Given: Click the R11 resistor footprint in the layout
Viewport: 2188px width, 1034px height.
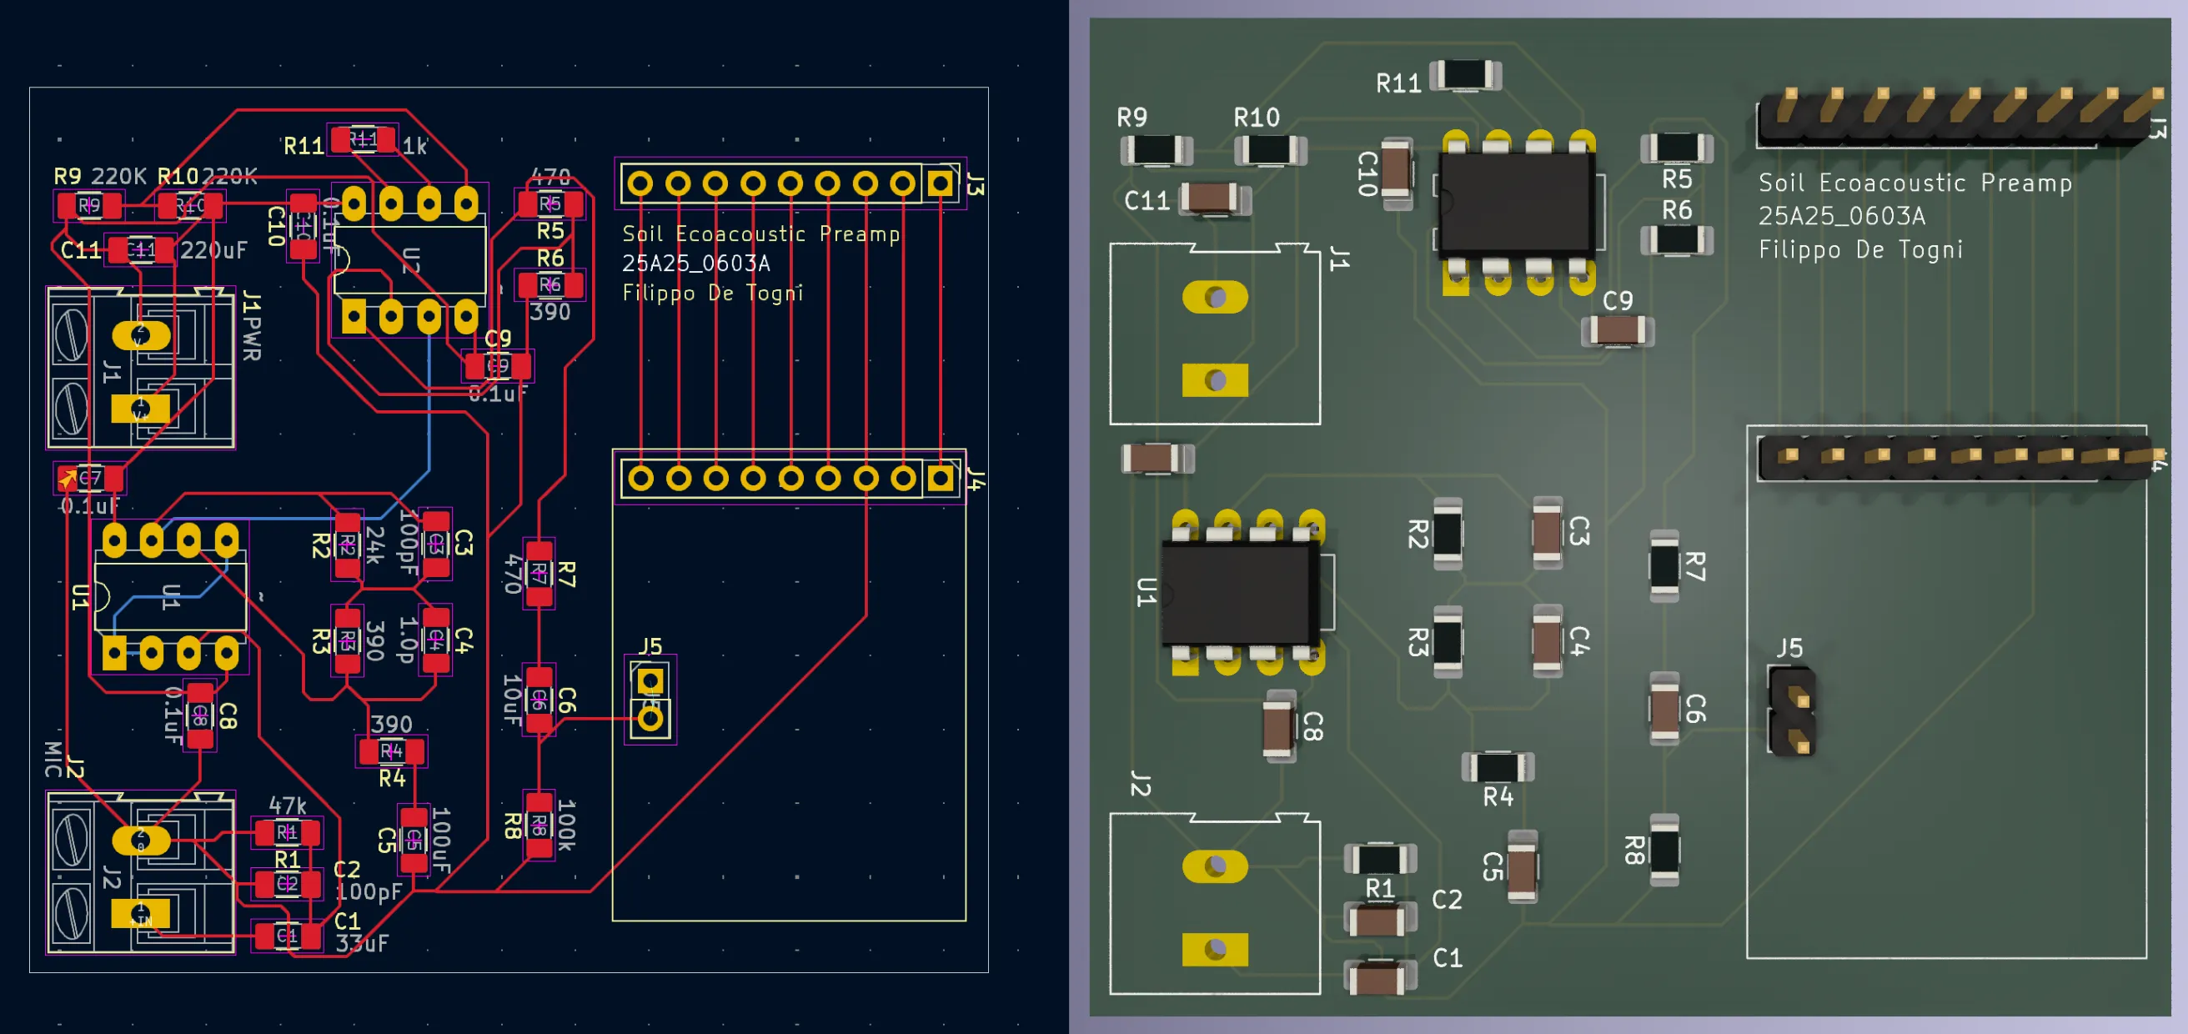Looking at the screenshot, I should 363,139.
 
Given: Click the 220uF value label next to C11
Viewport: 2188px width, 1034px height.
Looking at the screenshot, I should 213,250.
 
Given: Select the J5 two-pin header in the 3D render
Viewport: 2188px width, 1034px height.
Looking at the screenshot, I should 1791,710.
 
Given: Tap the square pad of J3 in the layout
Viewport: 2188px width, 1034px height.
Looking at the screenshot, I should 940,183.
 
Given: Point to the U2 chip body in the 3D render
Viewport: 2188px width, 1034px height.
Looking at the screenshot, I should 1516,204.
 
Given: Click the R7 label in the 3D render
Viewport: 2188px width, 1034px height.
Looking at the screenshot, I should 1694,566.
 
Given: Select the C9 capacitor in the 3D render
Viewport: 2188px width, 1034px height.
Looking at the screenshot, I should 1616,329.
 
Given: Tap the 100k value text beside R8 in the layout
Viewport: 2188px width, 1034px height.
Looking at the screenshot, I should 566,824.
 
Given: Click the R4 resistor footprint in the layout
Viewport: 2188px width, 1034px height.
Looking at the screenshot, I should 391,751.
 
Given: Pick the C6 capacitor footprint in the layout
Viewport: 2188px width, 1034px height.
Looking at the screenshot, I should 539,700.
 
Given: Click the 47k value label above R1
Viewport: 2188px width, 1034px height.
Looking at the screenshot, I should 287,805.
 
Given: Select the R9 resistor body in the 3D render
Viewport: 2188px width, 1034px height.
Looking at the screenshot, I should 1156,150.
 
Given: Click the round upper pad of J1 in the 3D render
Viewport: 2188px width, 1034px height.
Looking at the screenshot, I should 1215,298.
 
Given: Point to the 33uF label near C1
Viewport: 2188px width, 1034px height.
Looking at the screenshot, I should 362,943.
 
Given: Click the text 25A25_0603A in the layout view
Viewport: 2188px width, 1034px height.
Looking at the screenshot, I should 695,264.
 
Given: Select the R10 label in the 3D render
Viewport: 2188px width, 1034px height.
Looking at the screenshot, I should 1256,118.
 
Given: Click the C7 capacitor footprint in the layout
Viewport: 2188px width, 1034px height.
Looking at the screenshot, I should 89,479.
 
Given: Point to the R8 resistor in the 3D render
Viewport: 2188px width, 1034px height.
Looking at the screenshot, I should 1664,850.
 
